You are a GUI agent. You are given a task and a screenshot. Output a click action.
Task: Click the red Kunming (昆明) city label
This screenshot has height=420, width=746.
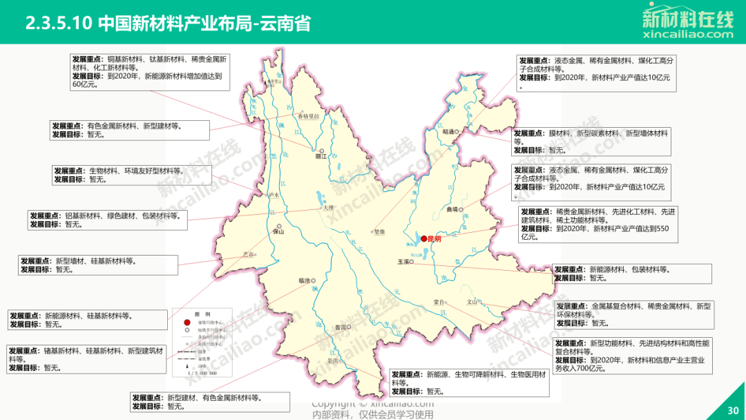coord(434,239)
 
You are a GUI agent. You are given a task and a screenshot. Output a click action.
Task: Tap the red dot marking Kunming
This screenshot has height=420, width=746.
coord(424,238)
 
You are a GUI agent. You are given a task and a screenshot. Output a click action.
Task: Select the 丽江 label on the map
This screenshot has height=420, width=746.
coord(320,157)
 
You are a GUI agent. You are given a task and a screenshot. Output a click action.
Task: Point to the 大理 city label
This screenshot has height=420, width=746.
coord(327,207)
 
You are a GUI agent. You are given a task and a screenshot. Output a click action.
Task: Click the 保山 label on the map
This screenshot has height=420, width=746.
coord(279,232)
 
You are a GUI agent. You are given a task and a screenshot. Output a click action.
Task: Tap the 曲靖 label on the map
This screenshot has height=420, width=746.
coord(452,209)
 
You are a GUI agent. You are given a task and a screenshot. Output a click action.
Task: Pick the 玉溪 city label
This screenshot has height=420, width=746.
coord(403,262)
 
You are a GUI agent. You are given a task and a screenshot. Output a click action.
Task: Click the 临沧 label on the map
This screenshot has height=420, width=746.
coord(305,280)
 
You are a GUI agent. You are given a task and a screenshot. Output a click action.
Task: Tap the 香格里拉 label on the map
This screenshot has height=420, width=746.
coord(308,116)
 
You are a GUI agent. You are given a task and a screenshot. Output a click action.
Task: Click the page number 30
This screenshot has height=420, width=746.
coord(733,410)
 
